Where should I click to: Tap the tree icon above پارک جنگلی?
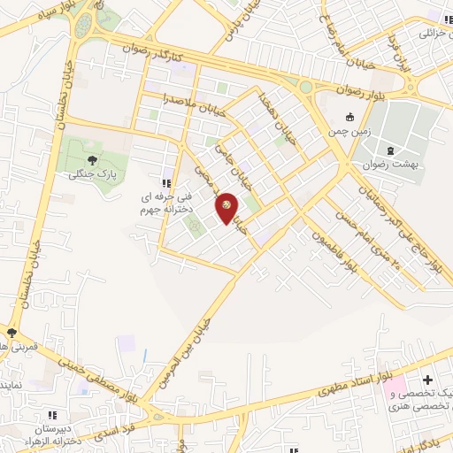(x=93, y=160)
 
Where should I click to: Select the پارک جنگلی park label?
(x=92, y=174)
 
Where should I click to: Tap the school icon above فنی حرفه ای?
(x=165, y=183)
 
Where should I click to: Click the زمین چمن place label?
(x=349, y=130)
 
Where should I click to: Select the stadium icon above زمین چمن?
(x=349, y=117)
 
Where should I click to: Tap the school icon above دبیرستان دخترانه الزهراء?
(x=51, y=414)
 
